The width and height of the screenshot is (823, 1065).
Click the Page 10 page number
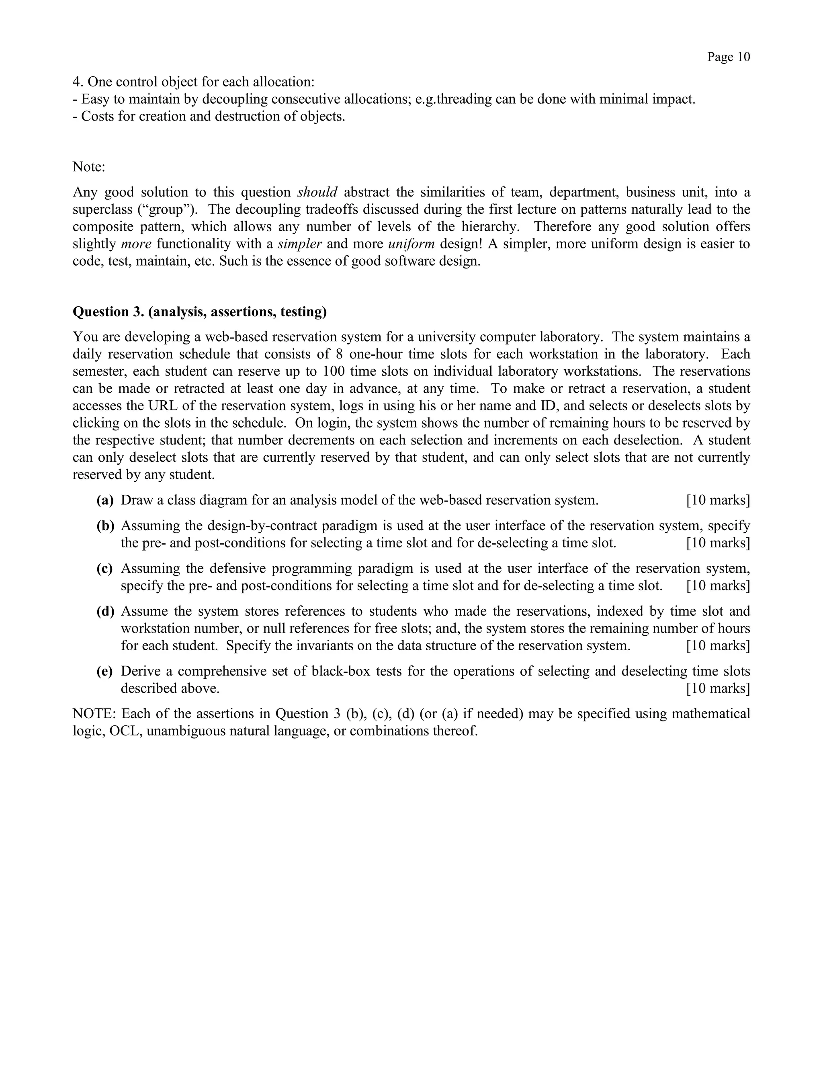(x=729, y=57)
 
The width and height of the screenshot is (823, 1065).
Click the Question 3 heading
(x=199, y=311)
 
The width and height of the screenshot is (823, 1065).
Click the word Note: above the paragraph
(x=89, y=167)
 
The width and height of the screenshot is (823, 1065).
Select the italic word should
(x=317, y=192)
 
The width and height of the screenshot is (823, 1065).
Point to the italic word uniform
(x=411, y=244)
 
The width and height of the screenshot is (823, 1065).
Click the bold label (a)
(x=105, y=500)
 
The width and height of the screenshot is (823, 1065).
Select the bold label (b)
(x=105, y=526)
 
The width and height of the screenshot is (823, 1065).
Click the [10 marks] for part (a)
(x=718, y=500)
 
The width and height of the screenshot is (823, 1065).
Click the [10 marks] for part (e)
(x=718, y=688)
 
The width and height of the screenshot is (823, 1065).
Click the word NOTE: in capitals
(x=94, y=714)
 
